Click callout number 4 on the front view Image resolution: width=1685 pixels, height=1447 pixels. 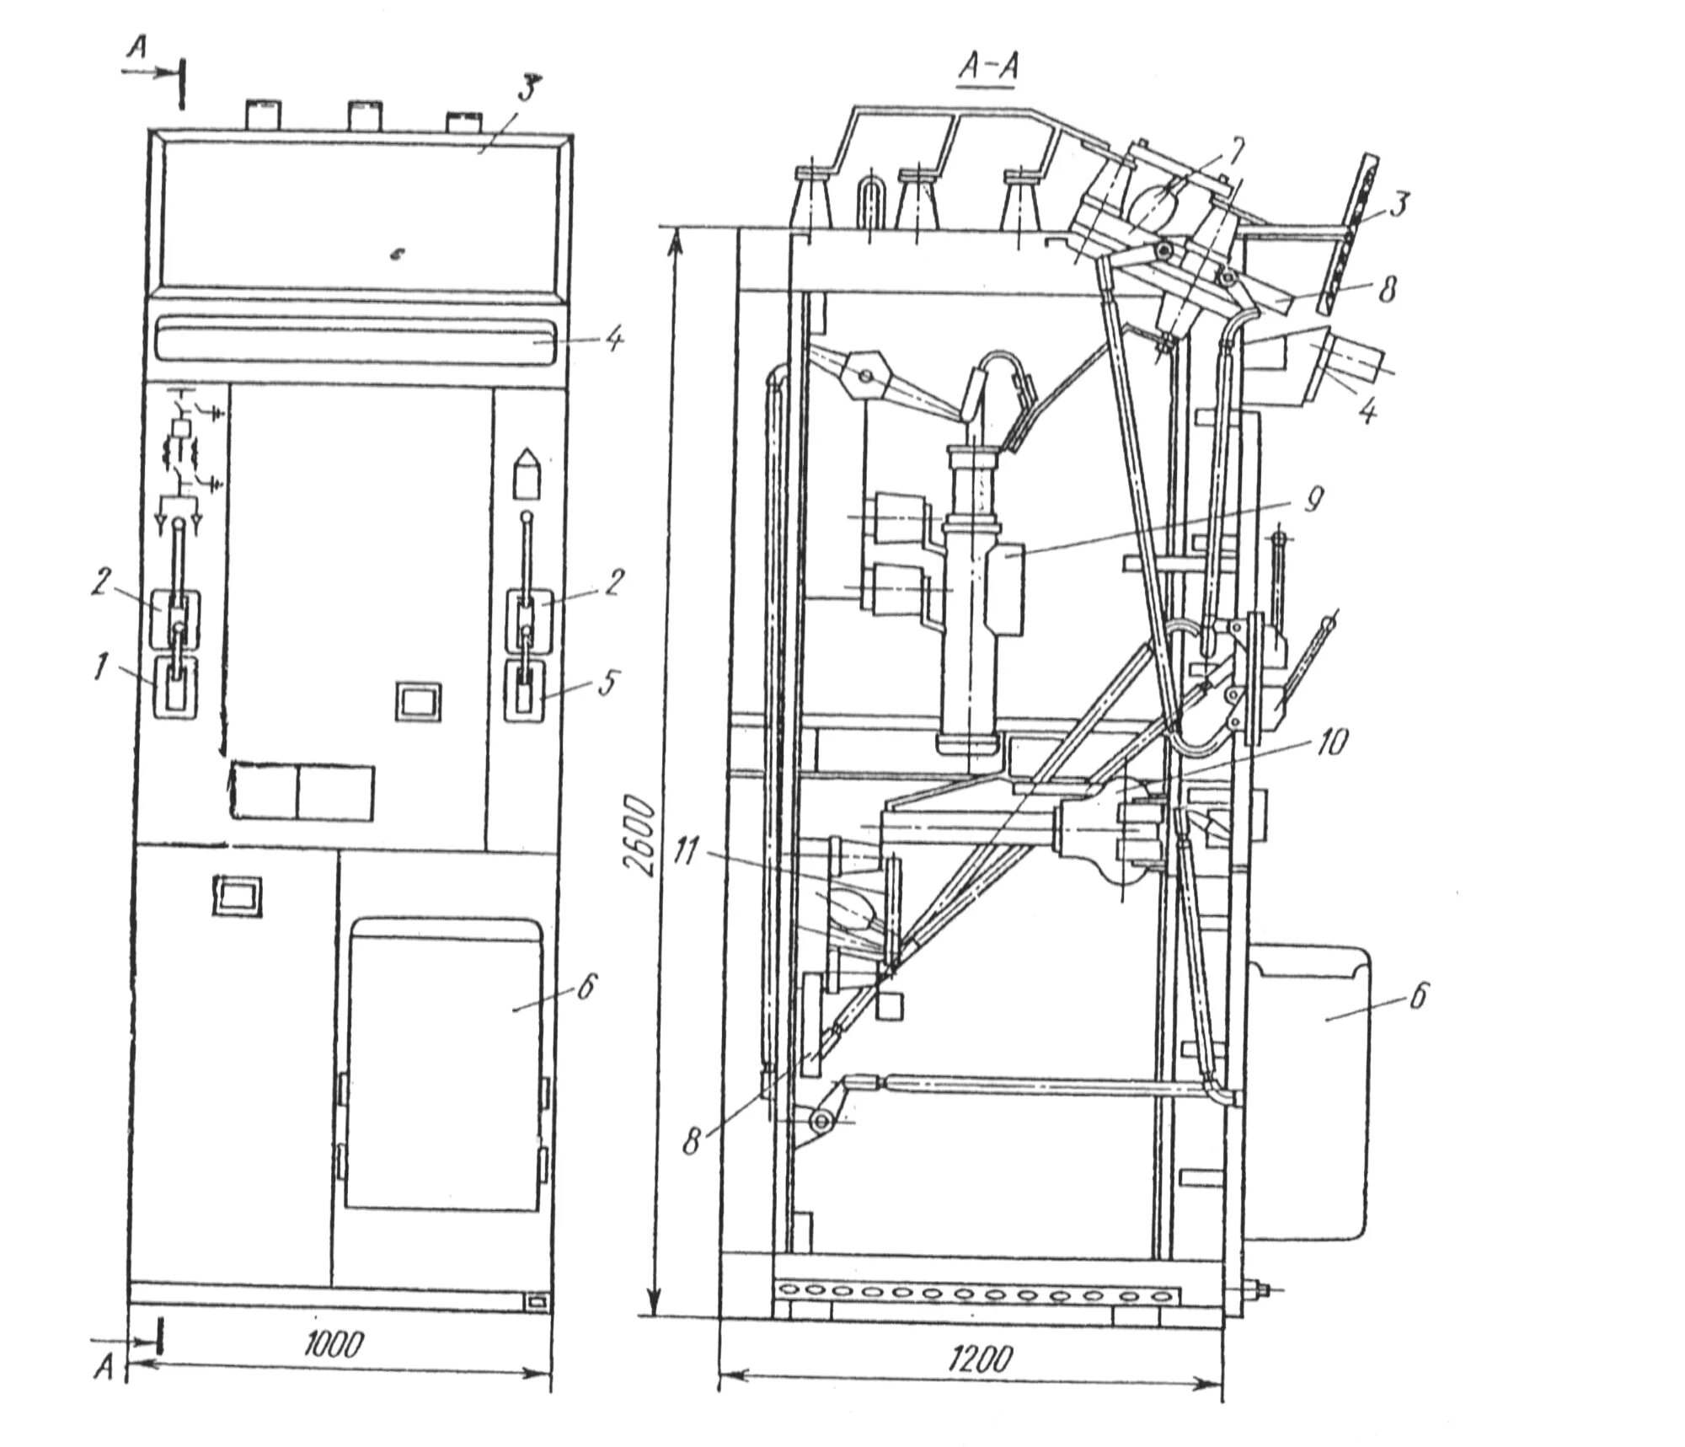pyautogui.click(x=615, y=341)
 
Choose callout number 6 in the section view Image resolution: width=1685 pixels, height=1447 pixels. pyautogui.click(x=1418, y=996)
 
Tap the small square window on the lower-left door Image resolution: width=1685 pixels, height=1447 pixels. pyautogui.click(x=238, y=894)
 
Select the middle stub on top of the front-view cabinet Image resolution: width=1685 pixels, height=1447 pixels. pyautogui.click(x=362, y=115)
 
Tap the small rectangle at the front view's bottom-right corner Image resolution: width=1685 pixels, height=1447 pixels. pyautogui.click(x=537, y=1303)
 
